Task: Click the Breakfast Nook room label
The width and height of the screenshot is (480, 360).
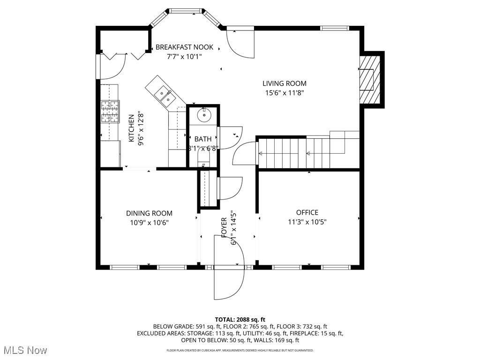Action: pyautogui.click(x=184, y=47)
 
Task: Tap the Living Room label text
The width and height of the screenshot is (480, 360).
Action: pyautogui.click(x=284, y=83)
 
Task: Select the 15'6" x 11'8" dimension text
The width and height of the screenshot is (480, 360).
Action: pyautogui.click(x=285, y=93)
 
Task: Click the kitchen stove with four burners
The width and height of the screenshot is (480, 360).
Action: pyautogui.click(x=110, y=112)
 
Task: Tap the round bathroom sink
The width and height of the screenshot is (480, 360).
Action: pyautogui.click(x=205, y=114)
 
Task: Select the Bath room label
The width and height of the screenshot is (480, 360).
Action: pyautogui.click(x=203, y=139)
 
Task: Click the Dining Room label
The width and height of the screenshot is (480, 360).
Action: pyautogui.click(x=149, y=213)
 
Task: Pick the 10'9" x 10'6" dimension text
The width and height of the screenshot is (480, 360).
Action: pyautogui.click(x=149, y=223)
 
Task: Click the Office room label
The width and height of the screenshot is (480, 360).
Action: pyautogui.click(x=307, y=212)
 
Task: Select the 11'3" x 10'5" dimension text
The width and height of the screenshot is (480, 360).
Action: pyautogui.click(x=307, y=222)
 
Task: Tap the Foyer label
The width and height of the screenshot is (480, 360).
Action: pyautogui.click(x=224, y=226)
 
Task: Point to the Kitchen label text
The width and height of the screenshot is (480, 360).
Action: pyautogui.click(x=132, y=128)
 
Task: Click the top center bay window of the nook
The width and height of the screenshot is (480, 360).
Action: pyautogui.click(x=186, y=10)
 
